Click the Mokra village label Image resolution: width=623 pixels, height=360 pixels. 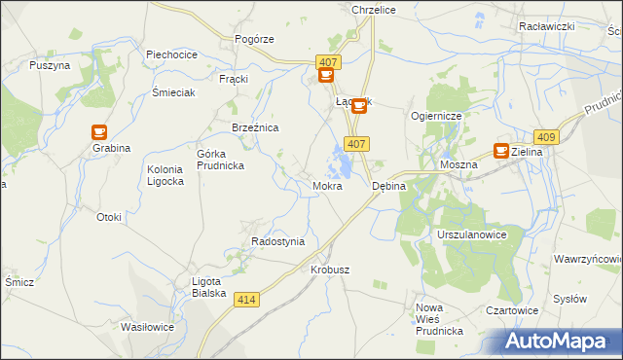tap(327, 185)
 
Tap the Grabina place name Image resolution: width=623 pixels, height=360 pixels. tap(112, 149)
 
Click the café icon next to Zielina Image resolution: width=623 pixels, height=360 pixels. tap(501, 151)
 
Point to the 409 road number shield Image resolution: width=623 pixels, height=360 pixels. tap(546, 138)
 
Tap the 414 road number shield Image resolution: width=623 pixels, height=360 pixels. tap(247, 302)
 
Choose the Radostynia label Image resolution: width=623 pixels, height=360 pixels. tap(277, 241)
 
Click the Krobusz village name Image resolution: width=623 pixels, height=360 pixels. tap(330, 270)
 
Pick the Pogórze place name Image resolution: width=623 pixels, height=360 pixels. tap(255, 39)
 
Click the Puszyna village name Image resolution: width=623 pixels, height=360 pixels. tap(50, 65)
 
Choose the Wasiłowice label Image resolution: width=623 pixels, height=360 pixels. tap(147, 327)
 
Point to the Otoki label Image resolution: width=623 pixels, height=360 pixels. tap(109, 217)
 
